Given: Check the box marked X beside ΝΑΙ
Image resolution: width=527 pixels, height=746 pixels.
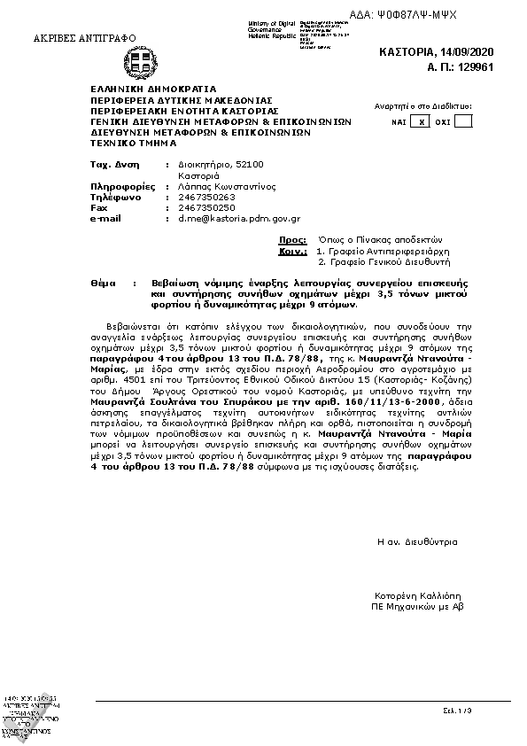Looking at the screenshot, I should click(x=422, y=121).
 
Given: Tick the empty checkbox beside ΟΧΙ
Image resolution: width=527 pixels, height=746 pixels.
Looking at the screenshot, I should click(x=462, y=121).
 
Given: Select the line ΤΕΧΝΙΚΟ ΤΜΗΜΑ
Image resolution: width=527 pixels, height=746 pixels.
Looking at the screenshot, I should click(x=134, y=143).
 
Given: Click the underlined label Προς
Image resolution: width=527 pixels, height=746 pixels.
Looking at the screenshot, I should click(x=292, y=240).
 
